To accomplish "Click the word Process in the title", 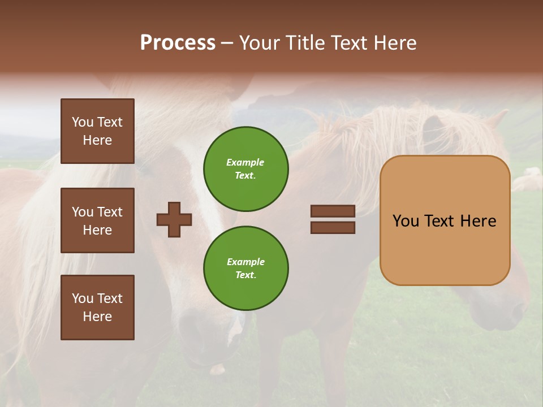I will pyautogui.click(x=178, y=43).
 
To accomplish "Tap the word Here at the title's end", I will pyautogui.click(x=394, y=43).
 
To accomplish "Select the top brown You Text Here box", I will pyautogui.click(x=97, y=131).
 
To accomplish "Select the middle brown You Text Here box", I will pyautogui.click(x=97, y=220).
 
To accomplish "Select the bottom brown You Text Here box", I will pyautogui.click(x=97, y=307).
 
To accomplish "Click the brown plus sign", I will pyautogui.click(x=174, y=219).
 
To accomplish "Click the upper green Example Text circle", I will pyautogui.click(x=245, y=168).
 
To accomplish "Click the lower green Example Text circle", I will pyautogui.click(x=245, y=268).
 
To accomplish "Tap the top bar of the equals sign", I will pyautogui.click(x=333, y=211).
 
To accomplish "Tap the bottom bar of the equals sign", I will pyautogui.click(x=333, y=228).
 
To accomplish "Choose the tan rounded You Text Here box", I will pyautogui.click(x=445, y=220).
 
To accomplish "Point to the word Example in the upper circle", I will pyautogui.click(x=245, y=162).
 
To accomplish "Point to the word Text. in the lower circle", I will pyautogui.click(x=245, y=275).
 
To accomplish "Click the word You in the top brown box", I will pyautogui.click(x=83, y=122).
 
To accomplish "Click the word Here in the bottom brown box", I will pyautogui.click(x=97, y=317).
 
